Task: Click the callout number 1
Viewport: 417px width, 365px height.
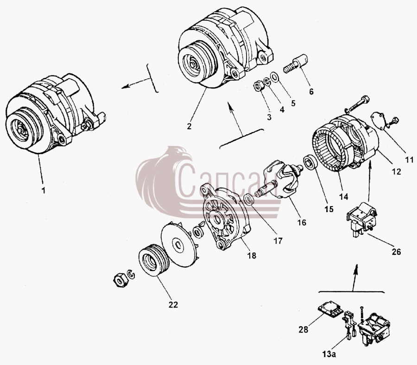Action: pyautogui.click(x=44, y=190)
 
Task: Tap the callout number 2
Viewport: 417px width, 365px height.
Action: pyautogui.click(x=189, y=126)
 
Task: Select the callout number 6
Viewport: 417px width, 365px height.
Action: pyautogui.click(x=311, y=91)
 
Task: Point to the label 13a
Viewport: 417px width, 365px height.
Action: pyautogui.click(x=329, y=354)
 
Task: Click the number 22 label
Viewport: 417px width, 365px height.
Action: pyautogui.click(x=173, y=305)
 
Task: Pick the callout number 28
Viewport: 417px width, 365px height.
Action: pyautogui.click(x=303, y=330)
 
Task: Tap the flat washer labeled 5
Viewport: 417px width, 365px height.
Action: pyautogui.click(x=274, y=77)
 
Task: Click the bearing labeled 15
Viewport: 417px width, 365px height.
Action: pyautogui.click(x=310, y=162)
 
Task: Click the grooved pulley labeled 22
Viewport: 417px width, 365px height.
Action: pyautogui.click(x=154, y=262)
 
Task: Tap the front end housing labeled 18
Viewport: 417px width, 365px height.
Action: pyautogui.click(x=226, y=217)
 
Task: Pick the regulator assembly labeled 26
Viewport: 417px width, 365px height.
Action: pyautogui.click(x=362, y=219)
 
